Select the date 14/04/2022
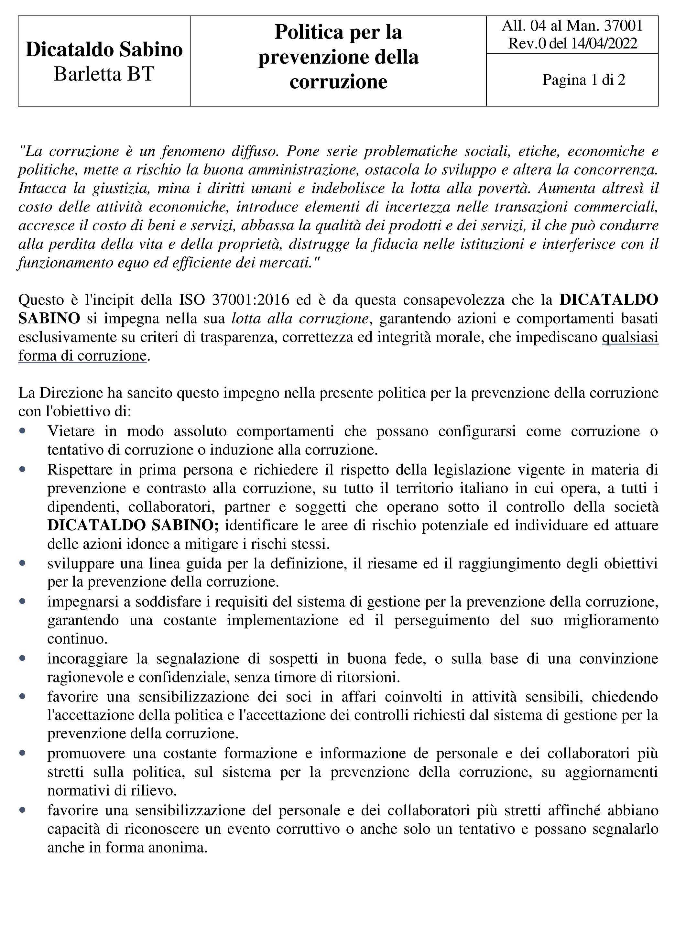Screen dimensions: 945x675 [604, 44]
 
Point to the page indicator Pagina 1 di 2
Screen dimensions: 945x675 [583, 80]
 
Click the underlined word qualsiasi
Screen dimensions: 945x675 [630, 337]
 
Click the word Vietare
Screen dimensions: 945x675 [71, 431]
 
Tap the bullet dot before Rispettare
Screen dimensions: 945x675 [22, 469]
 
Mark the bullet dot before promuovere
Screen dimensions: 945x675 [22, 753]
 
